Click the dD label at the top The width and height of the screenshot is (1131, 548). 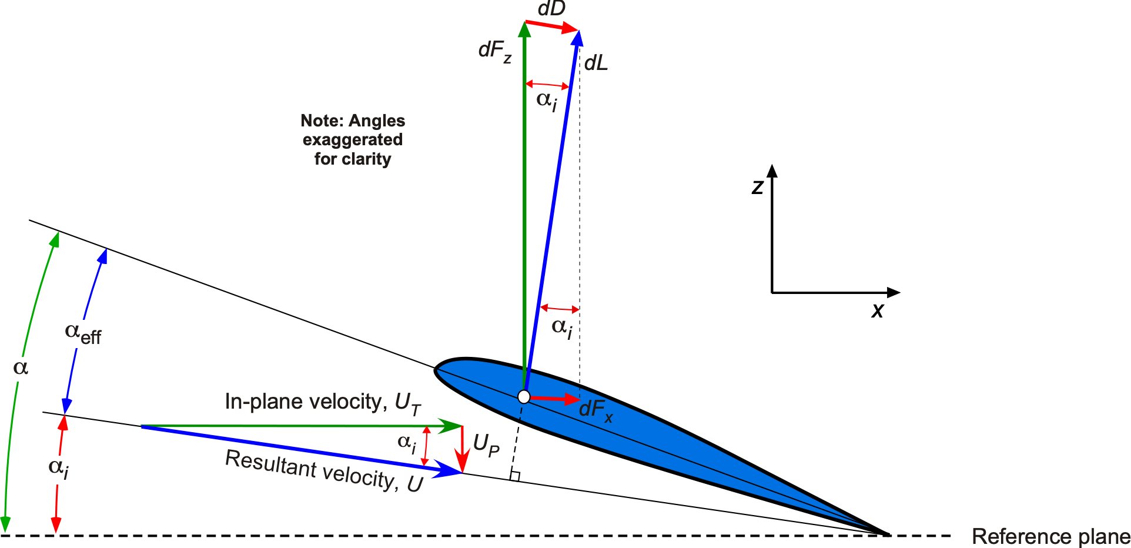(551, 9)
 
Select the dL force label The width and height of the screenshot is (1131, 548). (595, 63)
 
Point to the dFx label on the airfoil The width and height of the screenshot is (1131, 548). (595, 409)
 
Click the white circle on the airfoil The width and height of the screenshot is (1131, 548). (524, 397)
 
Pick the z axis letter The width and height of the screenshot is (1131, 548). (757, 187)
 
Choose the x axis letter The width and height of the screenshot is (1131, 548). (877, 310)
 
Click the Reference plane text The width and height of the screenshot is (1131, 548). (1050, 536)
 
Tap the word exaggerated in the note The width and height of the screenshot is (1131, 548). (353, 140)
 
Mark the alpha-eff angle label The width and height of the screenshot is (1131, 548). (83, 333)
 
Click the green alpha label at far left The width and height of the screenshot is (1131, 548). (21, 368)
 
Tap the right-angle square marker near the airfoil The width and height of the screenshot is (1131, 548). (515, 476)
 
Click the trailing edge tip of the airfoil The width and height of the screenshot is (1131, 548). (888, 534)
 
